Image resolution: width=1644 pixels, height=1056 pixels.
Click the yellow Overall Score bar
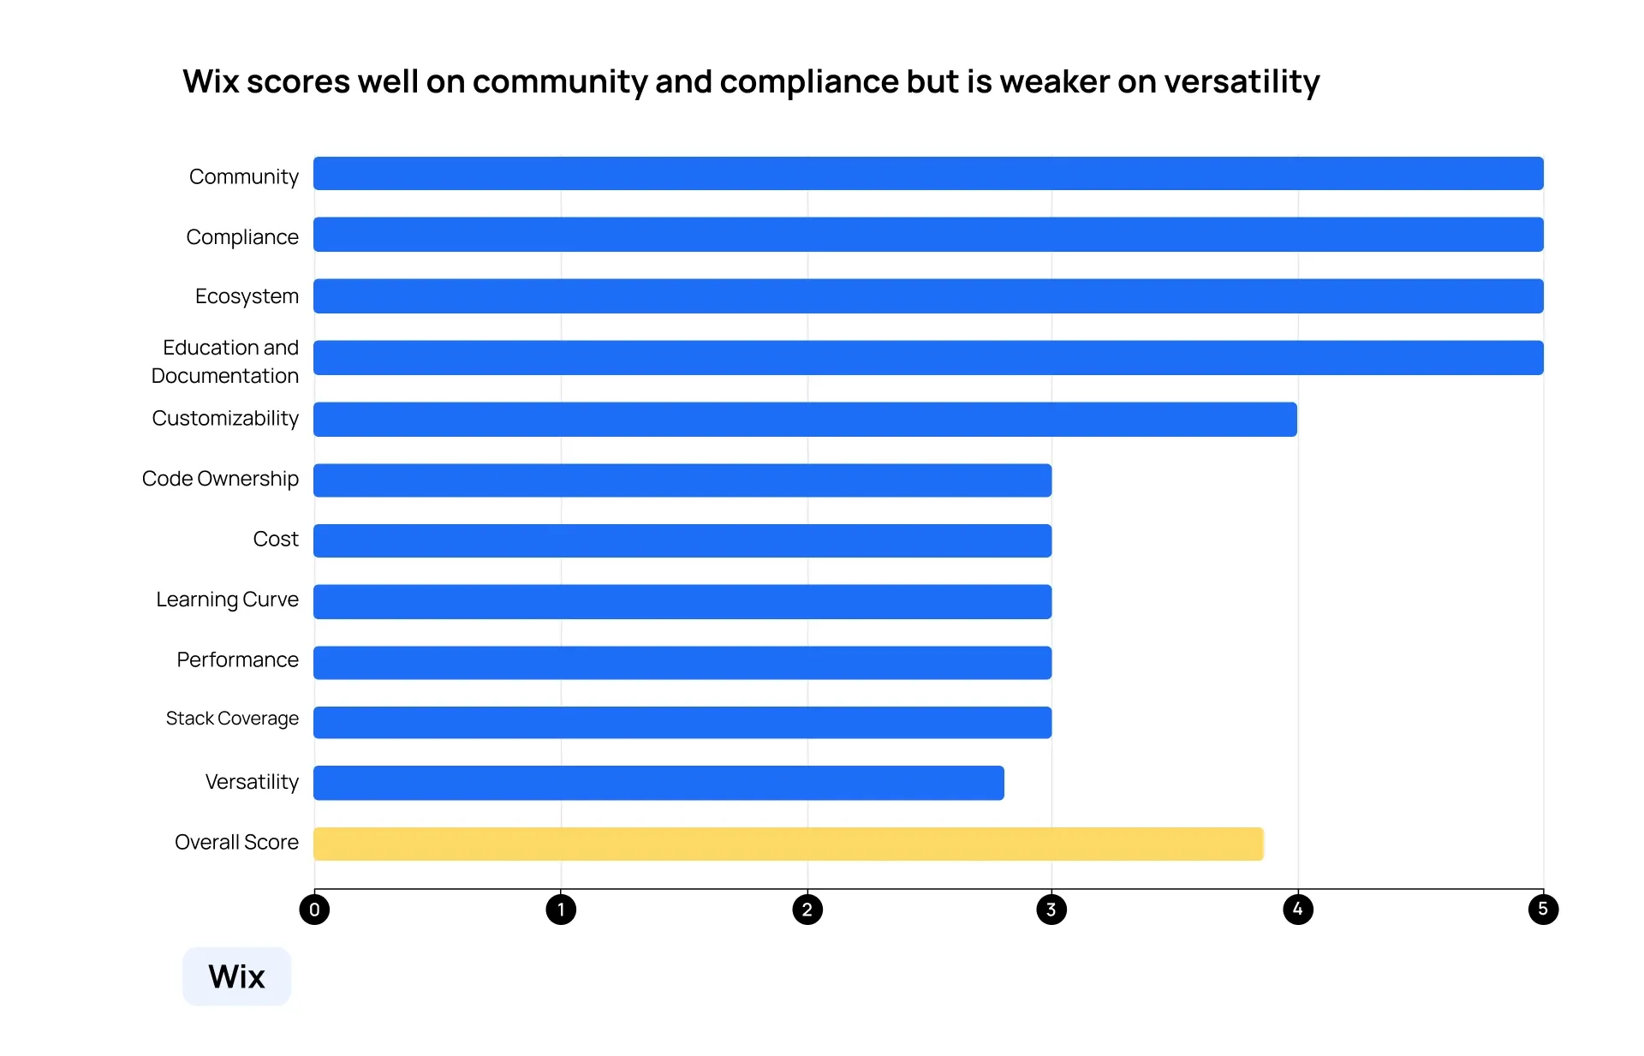788,844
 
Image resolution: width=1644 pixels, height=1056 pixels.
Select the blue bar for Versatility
658,783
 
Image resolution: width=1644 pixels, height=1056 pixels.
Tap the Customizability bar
805,420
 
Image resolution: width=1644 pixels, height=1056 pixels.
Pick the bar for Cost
682,541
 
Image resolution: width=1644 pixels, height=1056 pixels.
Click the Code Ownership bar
682,480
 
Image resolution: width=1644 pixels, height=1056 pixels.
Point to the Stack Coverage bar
682,722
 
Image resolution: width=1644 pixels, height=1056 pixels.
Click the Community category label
243,176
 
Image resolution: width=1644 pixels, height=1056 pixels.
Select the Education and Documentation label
225,361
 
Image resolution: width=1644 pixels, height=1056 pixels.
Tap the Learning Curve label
227,600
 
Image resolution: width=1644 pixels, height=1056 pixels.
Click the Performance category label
237,659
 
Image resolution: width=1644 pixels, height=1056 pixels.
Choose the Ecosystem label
247,296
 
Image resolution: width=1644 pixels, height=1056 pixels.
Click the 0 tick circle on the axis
314,910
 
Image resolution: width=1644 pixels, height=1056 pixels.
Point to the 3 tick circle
1051,910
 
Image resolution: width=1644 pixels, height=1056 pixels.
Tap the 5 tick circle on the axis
1543,910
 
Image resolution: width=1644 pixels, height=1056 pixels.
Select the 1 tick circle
561,910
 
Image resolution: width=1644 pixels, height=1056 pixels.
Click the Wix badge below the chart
237,976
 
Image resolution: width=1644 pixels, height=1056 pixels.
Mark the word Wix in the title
211,82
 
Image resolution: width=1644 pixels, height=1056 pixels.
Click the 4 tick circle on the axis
1298,910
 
